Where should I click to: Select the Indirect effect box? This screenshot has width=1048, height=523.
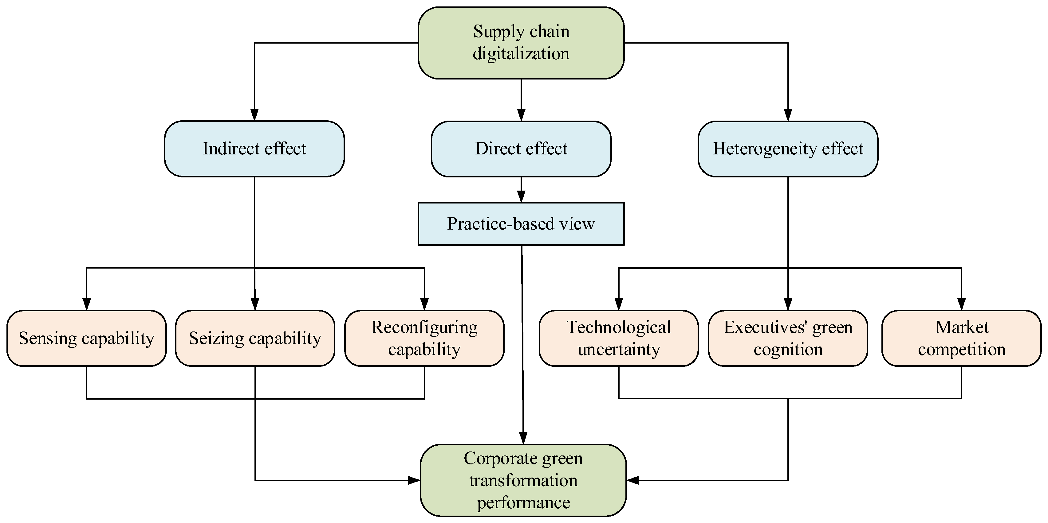(x=254, y=149)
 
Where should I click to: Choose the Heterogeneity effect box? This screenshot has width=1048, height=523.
(x=788, y=149)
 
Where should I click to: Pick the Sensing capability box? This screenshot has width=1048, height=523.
(x=86, y=338)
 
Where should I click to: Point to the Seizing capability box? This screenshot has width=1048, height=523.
(x=255, y=338)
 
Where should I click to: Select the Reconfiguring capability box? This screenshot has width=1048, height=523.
(x=424, y=338)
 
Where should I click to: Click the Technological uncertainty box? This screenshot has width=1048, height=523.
(x=618, y=338)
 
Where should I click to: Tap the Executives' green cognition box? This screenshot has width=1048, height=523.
(x=788, y=338)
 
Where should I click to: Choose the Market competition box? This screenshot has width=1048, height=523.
(x=961, y=338)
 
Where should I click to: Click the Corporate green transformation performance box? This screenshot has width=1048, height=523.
(x=523, y=480)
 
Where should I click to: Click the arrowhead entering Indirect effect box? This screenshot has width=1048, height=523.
(x=254, y=115)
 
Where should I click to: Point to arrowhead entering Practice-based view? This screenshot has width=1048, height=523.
(x=521, y=197)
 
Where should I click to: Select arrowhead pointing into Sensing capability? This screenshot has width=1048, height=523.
(x=86, y=304)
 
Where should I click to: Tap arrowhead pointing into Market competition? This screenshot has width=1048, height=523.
(x=961, y=304)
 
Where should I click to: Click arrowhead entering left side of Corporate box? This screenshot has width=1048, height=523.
(x=414, y=480)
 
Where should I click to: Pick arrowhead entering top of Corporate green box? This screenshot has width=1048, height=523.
(x=523, y=438)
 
